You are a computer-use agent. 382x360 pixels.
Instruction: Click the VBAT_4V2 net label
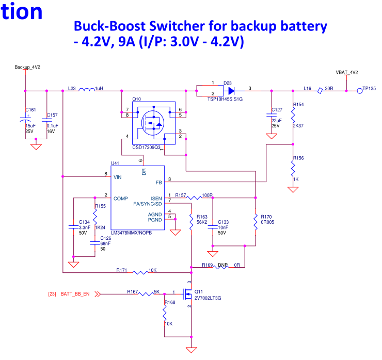tap(346, 73)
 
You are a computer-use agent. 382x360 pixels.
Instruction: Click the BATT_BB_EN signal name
tap(75, 294)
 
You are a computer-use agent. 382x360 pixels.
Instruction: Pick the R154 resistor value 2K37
tap(298, 126)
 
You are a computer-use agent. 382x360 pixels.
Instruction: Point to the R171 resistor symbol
tap(141, 272)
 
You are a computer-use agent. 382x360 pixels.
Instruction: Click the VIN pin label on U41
tap(119, 176)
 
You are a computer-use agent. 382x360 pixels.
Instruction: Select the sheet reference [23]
tap(52, 294)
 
